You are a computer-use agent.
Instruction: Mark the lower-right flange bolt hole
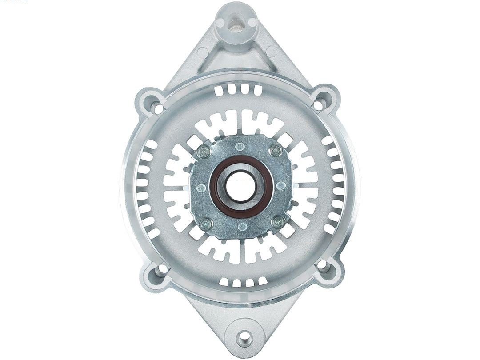pyautogui.click(x=322, y=265)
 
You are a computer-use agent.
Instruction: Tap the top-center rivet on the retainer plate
pyautogui.click(x=240, y=146)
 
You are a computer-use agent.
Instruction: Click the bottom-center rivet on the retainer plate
pyautogui.click(x=241, y=227)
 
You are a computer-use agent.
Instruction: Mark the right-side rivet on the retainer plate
pyautogui.click(x=281, y=186)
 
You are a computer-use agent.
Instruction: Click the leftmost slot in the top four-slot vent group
pyautogui.click(x=219, y=91)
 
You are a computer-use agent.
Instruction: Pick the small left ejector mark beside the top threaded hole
pyautogui.click(x=220, y=21)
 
